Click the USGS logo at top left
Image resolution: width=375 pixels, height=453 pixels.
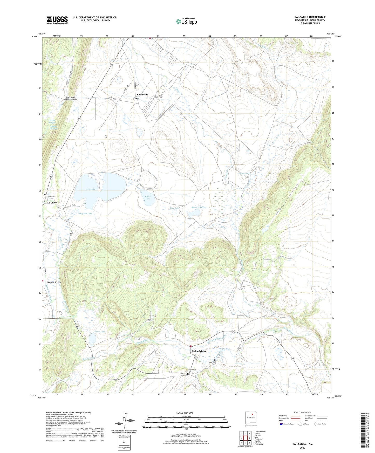[x=57, y=20]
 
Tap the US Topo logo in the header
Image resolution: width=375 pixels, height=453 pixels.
[x=186, y=21]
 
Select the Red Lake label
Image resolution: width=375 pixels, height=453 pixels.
[x=91, y=189]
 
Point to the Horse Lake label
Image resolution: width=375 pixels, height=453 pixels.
[x=148, y=197]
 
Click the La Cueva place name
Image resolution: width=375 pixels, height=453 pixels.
[x=52, y=203]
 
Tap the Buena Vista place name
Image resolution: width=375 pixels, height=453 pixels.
[x=54, y=282]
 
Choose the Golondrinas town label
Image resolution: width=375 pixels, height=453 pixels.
[x=199, y=351]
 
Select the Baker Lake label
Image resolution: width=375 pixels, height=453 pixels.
[x=196, y=207]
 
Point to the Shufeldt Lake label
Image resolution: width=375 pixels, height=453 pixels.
[x=86, y=214]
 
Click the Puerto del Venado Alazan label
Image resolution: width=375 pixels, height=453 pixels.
[x=67, y=99]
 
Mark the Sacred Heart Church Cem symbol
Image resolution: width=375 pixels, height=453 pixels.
[x=153, y=100]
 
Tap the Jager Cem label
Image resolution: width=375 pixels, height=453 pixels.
[x=212, y=362]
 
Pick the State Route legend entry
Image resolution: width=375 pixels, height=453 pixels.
[x=320, y=424]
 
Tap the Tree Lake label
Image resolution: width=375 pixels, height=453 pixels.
[x=175, y=208]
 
